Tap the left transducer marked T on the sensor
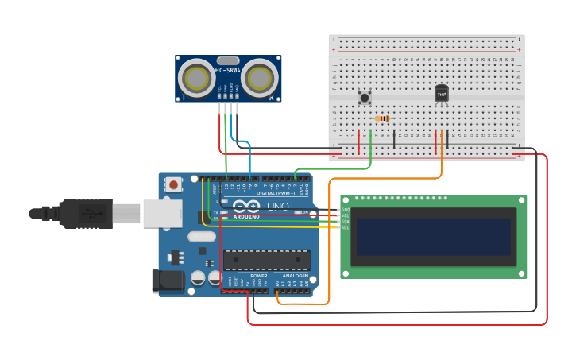click(195, 78)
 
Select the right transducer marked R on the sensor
click(260, 78)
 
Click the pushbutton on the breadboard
click(365, 98)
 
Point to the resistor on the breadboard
click(382, 118)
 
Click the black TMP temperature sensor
click(442, 94)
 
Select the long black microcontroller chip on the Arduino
click(267, 260)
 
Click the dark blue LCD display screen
click(433, 237)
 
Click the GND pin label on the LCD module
click(346, 210)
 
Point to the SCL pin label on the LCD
click(346, 227)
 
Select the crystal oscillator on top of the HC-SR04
click(227, 60)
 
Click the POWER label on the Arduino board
click(258, 276)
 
